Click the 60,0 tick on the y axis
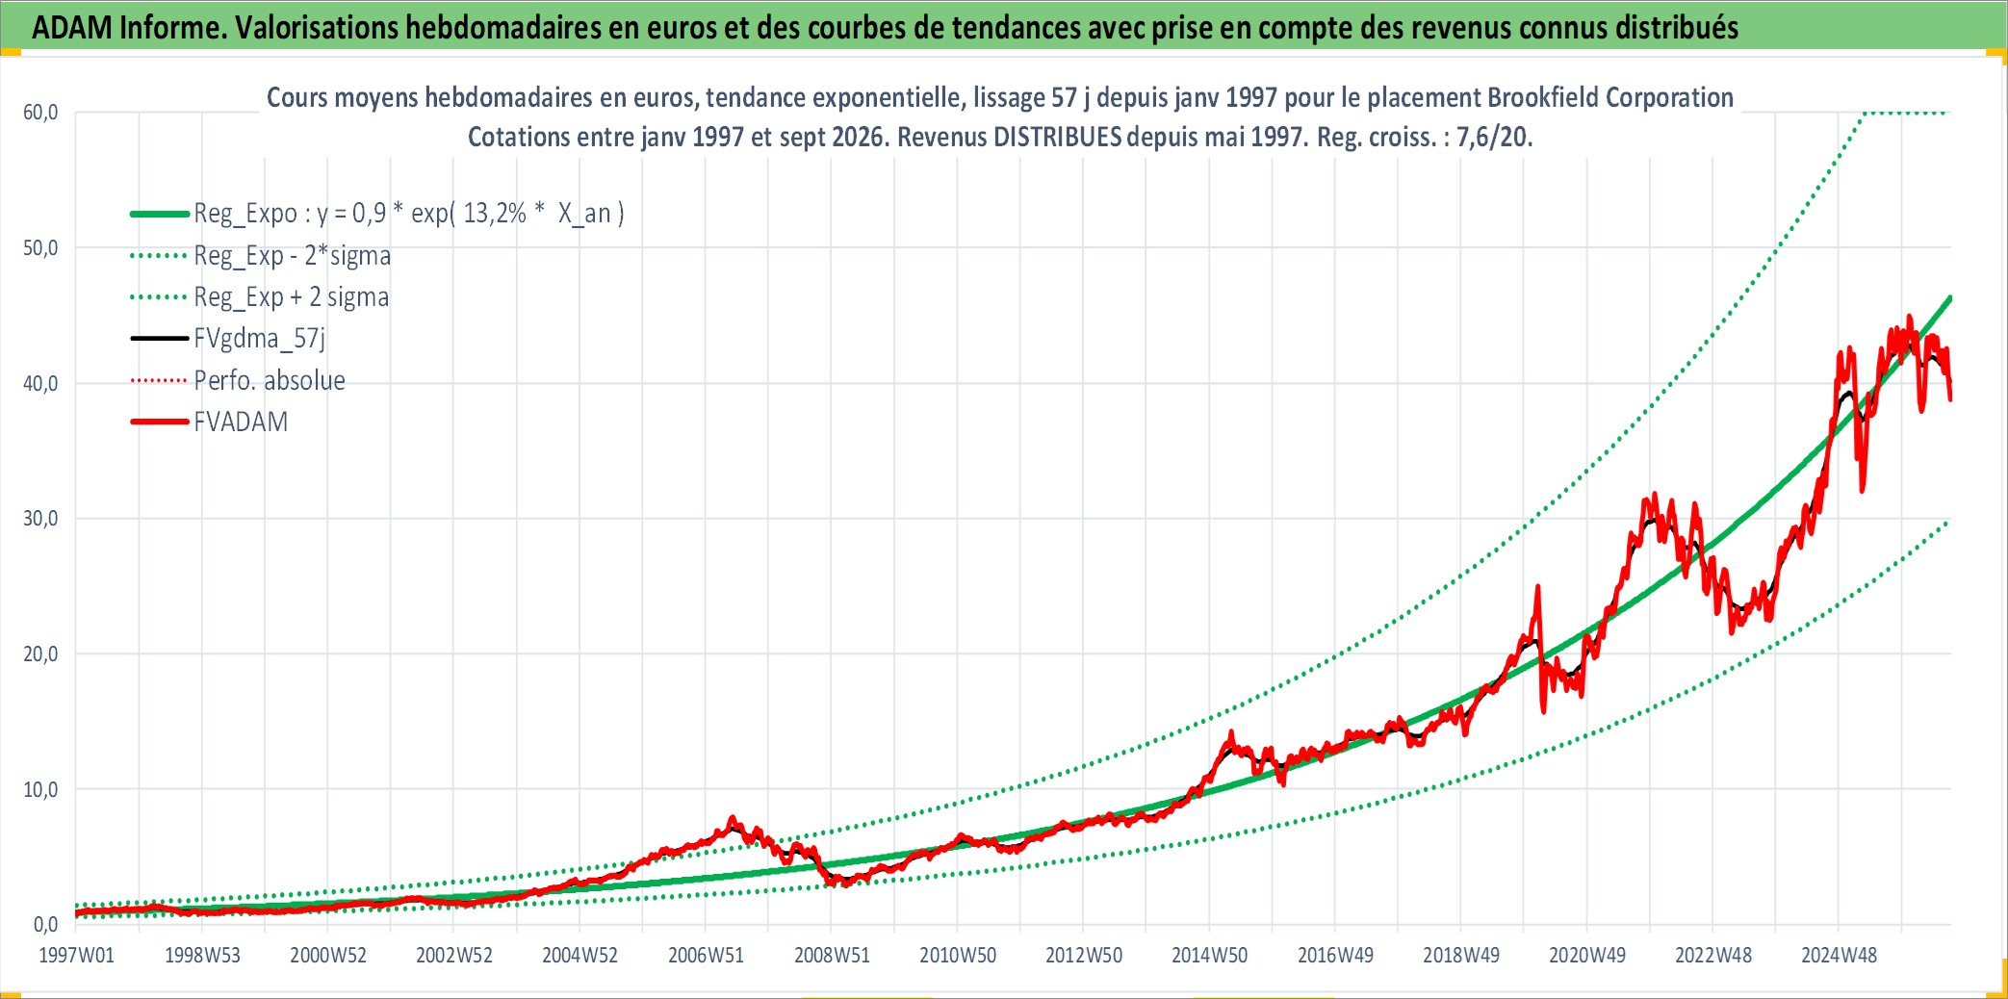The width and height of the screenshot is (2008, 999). tap(40, 113)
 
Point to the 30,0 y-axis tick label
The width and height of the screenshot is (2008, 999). tap(40, 519)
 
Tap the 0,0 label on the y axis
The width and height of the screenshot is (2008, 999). tap(46, 925)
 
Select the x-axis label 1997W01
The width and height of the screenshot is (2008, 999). tap(76, 956)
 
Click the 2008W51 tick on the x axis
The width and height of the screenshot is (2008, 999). tap(832, 956)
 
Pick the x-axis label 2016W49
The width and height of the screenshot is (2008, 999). tap(1335, 956)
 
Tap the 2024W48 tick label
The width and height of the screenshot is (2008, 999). tap(1839, 956)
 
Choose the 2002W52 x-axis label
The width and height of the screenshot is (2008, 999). tap(454, 956)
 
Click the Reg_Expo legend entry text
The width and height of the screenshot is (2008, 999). tap(409, 213)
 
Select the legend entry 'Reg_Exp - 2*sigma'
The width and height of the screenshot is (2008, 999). tap(293, 255)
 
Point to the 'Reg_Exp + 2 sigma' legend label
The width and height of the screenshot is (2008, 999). tap(292, 296)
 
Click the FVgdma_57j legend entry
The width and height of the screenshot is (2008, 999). tap(260, 338)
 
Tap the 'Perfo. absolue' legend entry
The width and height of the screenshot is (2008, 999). tap(270, 380)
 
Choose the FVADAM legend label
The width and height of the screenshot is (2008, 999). tap(241, 422)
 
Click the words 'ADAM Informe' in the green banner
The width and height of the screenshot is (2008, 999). tap(129, 27)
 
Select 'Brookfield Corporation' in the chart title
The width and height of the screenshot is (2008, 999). tap(1610, 97)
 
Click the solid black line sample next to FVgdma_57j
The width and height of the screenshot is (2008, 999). tap(159, 338)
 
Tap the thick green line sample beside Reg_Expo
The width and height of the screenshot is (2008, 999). tap(159, 214)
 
